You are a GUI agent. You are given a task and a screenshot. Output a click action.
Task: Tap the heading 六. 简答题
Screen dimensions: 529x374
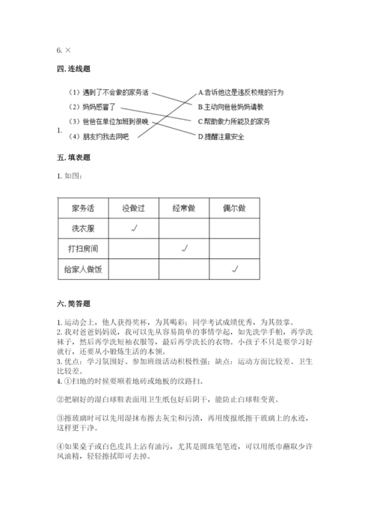pos(73,304)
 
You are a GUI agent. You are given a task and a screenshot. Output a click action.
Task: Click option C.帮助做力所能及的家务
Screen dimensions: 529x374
pos(233,121)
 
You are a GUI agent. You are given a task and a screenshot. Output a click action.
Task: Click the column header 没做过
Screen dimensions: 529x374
pos(132,207)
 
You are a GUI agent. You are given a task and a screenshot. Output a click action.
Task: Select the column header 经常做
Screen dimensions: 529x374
pos(183,207)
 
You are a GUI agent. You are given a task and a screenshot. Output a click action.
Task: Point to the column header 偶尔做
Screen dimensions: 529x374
pos(235,207)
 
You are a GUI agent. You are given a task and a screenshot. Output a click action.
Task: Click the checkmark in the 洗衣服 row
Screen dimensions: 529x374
pos(132,227)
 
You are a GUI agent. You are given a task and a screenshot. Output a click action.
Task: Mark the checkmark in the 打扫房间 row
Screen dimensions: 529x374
pos(184,248)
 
